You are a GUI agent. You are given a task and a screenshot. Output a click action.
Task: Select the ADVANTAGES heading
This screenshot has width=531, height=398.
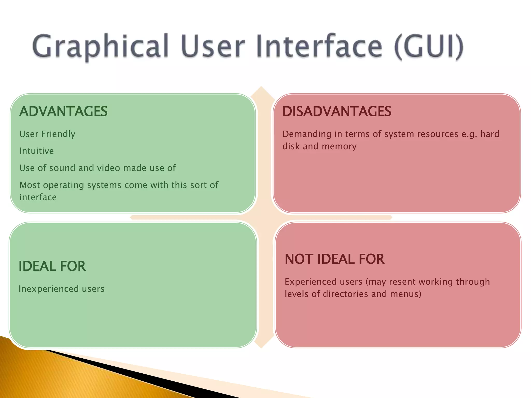coord(63,111)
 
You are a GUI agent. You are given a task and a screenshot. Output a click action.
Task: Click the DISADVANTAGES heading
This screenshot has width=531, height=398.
coord(337,111)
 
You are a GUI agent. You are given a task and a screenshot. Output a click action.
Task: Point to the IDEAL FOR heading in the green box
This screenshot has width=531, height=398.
coord(52,266)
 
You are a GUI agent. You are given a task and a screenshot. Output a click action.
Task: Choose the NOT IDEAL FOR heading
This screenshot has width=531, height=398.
coord(334,259)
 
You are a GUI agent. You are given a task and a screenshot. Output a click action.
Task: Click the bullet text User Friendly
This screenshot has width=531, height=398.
coord(47,134)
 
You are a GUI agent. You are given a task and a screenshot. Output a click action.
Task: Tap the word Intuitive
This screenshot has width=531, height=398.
coord(37,151)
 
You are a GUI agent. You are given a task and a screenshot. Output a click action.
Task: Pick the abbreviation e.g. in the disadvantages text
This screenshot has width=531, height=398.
coord(469,134)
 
